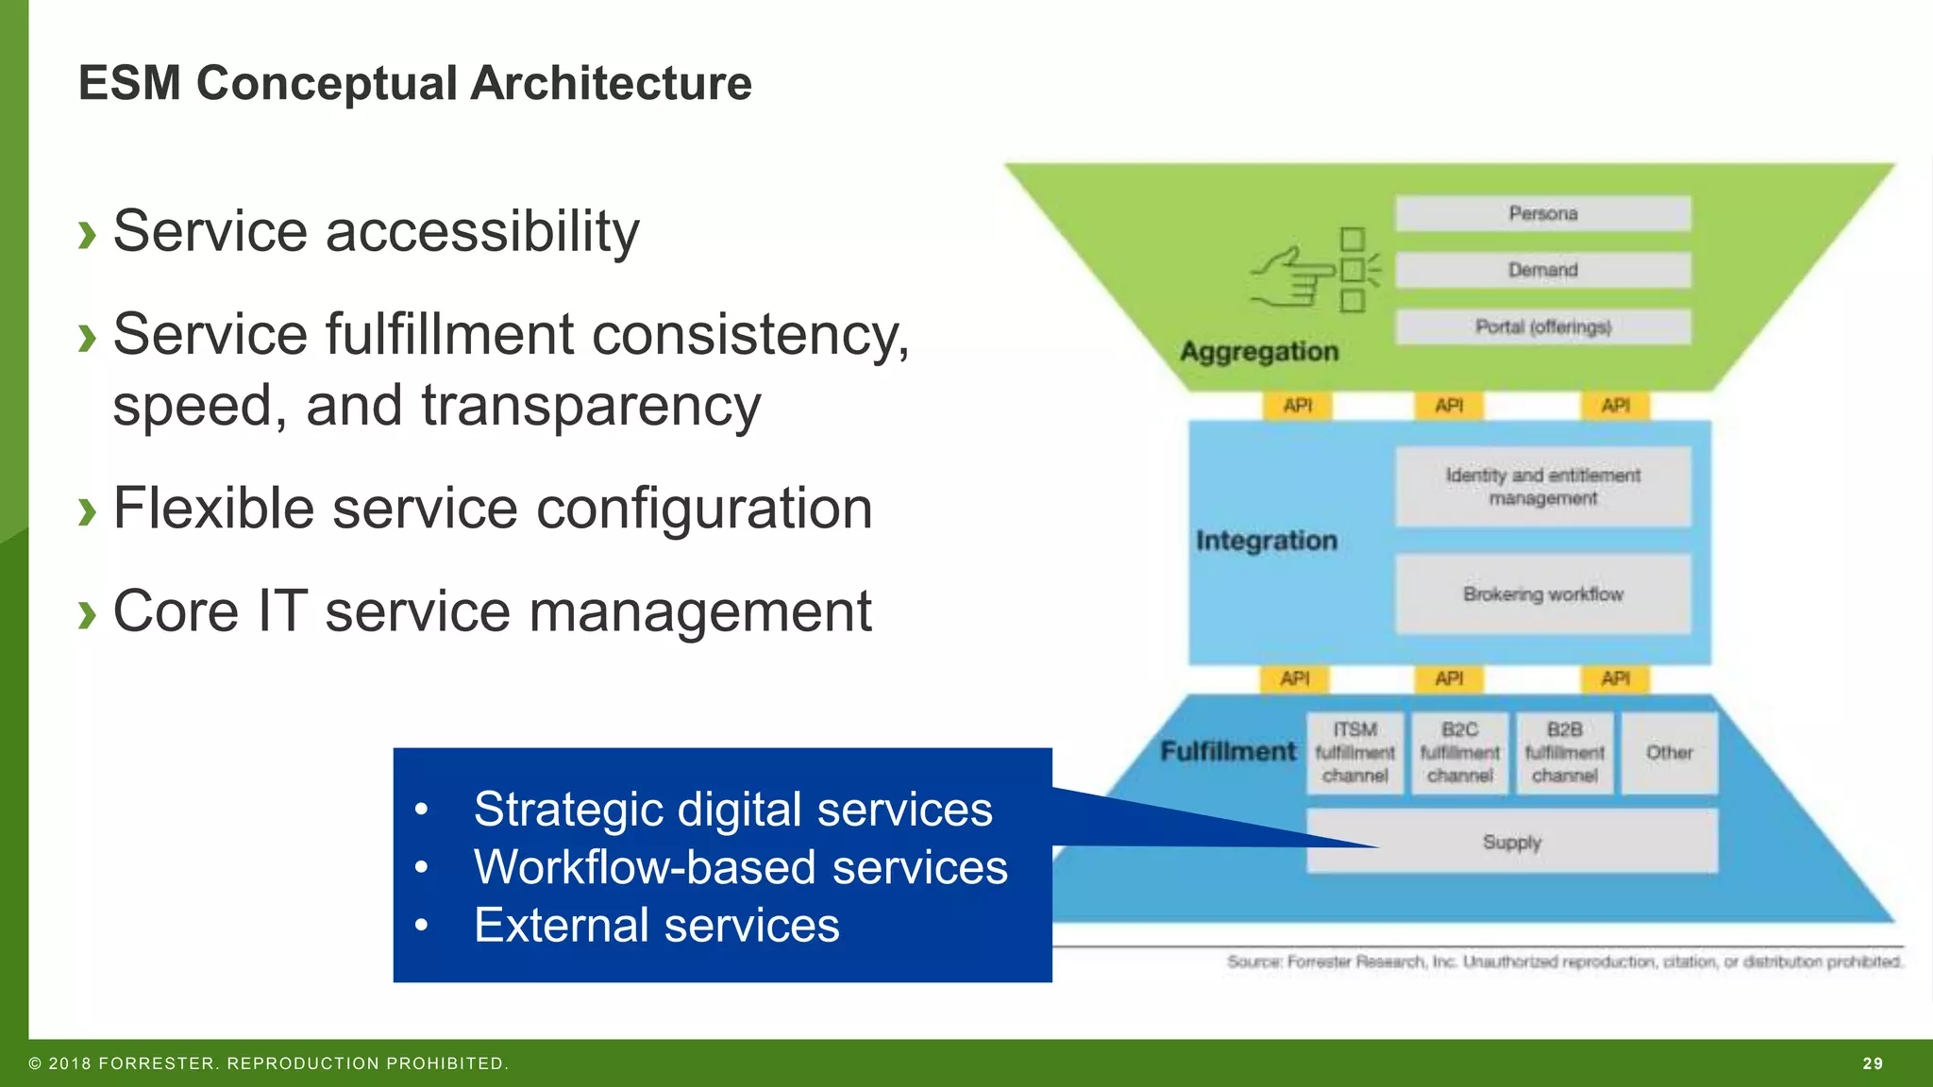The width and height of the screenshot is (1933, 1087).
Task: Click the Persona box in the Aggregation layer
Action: tap(1542, 213)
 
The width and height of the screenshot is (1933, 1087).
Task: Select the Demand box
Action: tap(1542, 270)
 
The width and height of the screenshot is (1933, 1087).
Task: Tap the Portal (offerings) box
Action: tap(1542, 326)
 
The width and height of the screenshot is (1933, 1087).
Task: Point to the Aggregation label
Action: tap(1259, 352)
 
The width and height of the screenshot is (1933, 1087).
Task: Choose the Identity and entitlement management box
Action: tap(1542, 487)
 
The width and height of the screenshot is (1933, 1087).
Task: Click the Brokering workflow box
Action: tap(1542, 594)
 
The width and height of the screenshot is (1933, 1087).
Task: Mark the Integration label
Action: tap(1266, 541)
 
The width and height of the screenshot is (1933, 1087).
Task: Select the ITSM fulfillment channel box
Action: tap(1354, 753)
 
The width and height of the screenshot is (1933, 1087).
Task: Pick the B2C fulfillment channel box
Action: tap(1459, 753)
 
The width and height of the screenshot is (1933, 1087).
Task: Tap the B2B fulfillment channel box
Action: tap(1564, 753)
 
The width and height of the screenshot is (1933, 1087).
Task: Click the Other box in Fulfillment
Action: tap(1669, 753)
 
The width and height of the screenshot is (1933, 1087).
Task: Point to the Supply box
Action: tap(1548, 842)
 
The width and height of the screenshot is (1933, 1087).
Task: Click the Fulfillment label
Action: tap(1227, 752)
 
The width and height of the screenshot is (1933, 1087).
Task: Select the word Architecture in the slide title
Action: tap(611, 83)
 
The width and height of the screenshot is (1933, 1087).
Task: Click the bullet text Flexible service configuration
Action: tap(492, 509)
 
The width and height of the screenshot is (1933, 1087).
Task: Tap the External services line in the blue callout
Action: tap(656, 925)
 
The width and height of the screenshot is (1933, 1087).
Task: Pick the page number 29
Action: tap(1873, 1063)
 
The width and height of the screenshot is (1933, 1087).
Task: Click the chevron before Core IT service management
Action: tap(88, 614)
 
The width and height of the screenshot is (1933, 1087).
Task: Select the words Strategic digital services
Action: tap(732, 810)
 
